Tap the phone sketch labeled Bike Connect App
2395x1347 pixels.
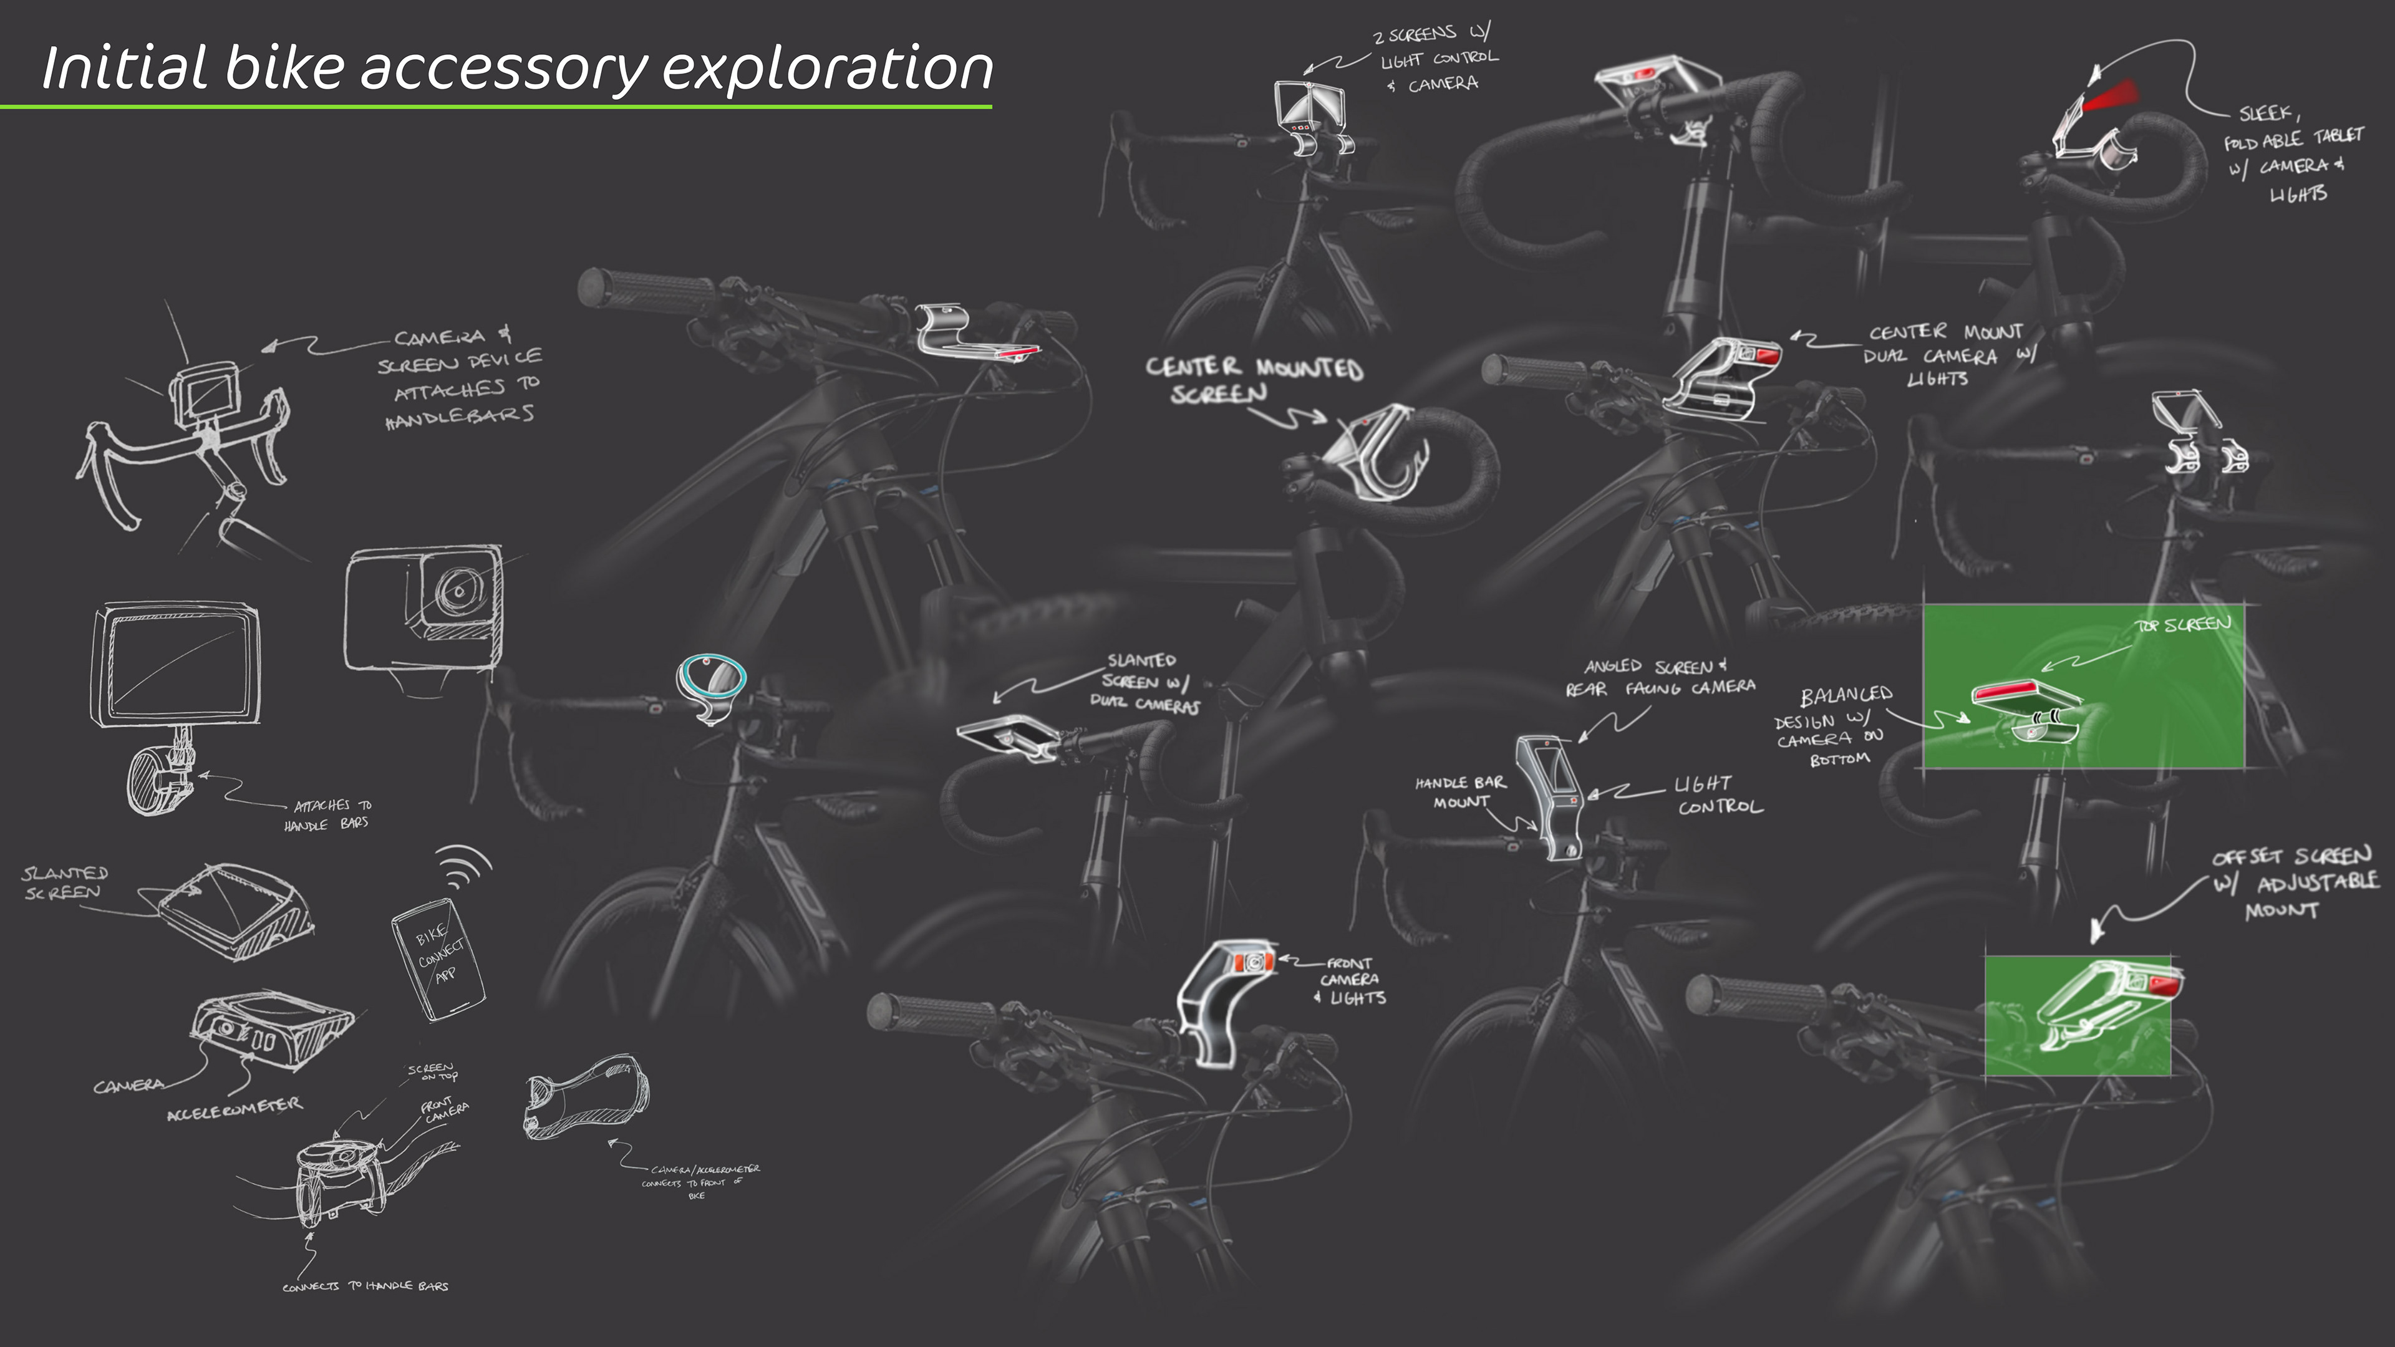click(x=438, y=957)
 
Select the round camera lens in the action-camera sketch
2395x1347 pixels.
click(x=458, y=591)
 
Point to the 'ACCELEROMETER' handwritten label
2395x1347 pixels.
click(x=235, y=1107)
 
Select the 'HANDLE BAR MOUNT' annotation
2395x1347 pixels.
click(x=1459, y=792)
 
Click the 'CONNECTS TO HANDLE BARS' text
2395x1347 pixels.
click(x=365, y=1286)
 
